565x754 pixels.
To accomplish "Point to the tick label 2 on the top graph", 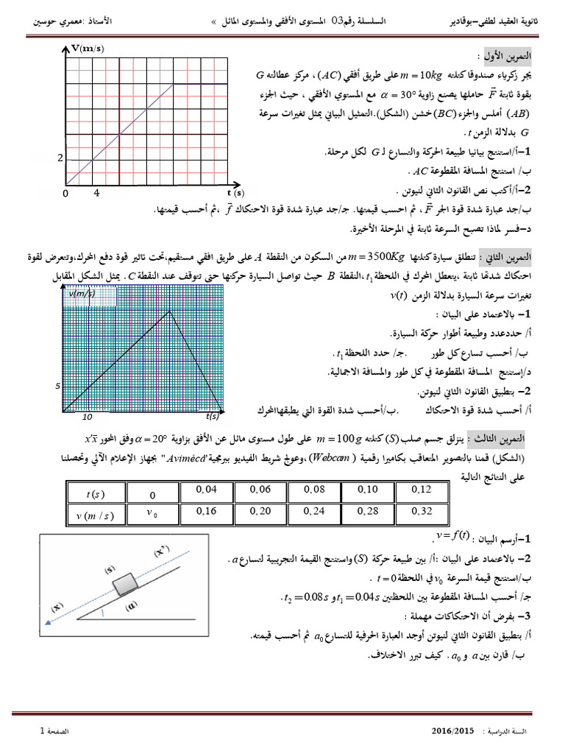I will [61, 158].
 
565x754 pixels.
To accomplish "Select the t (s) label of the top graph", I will [235, 192].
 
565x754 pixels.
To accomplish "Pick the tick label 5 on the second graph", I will [56, 385].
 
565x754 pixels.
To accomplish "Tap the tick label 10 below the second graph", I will [86, 417].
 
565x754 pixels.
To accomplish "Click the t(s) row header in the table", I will [96, 493].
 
